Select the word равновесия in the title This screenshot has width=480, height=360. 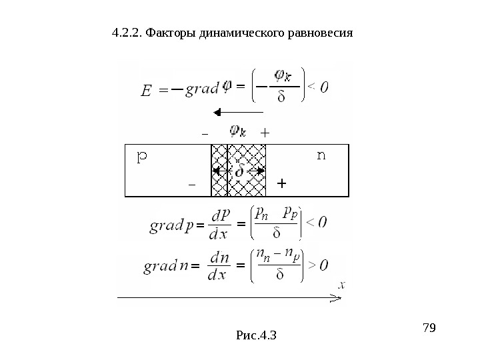319,32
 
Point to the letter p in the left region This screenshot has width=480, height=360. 142,157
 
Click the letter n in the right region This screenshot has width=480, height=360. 321,157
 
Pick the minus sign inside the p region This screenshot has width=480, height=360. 192,183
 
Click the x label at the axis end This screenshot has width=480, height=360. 341,285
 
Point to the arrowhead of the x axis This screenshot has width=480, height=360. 337,296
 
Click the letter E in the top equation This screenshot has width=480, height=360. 148,91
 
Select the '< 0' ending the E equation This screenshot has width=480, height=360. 319,87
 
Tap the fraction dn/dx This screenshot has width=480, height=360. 219,265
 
